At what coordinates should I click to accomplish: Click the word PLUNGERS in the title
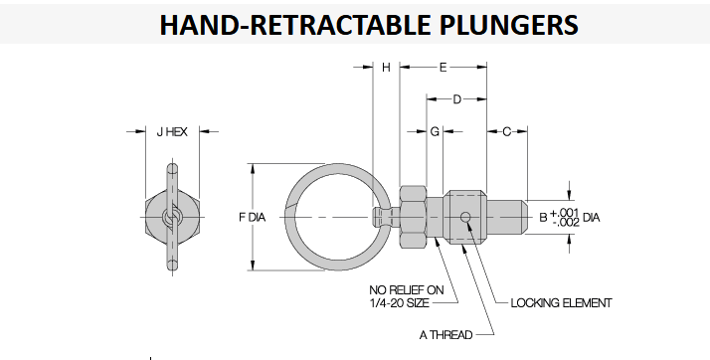[x=508, y=25]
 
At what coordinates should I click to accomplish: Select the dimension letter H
[x=386, y=68]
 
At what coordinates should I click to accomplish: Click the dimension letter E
[x=443, y=68]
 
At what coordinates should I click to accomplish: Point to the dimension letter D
[x=456, y=99]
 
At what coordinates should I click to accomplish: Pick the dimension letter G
[x=435, y=132]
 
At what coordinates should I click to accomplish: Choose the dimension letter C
[x=507, y=132]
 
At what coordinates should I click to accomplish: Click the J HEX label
[x=172, y=132]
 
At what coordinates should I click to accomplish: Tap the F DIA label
[x=253, y=218]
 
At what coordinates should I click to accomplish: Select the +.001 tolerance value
[x=564, y=213]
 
